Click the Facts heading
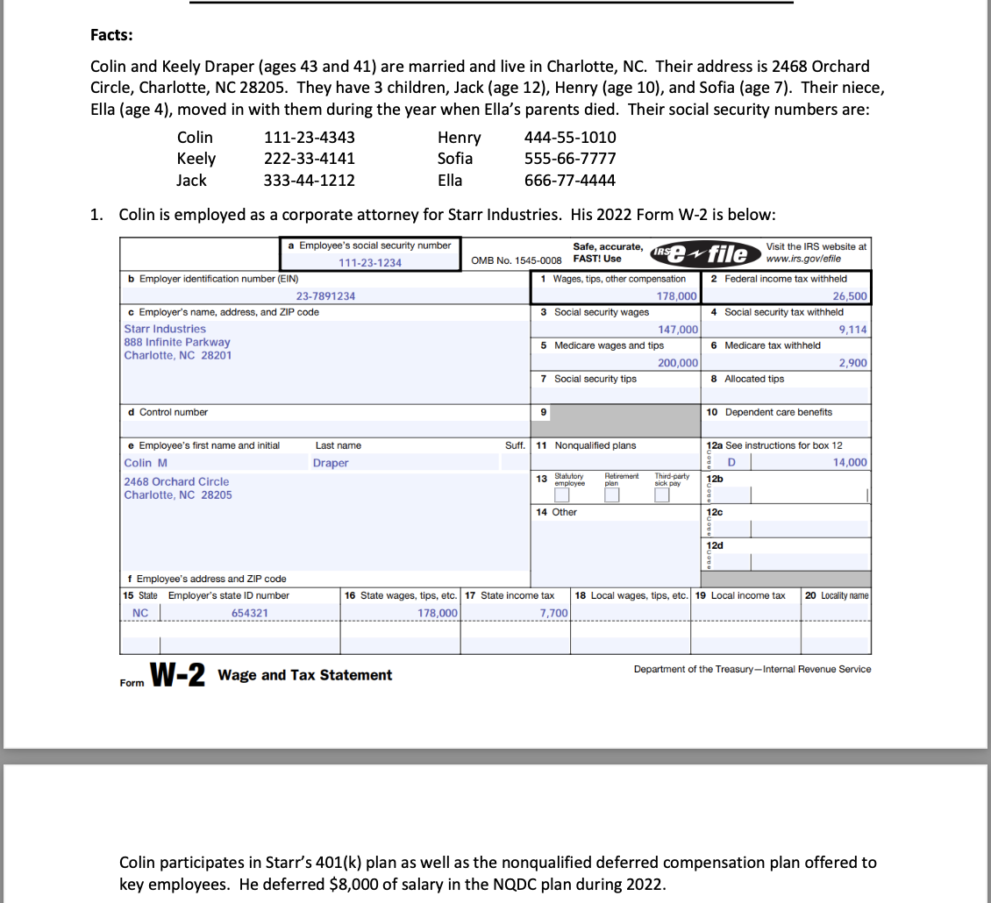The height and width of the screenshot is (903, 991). pos(112,35)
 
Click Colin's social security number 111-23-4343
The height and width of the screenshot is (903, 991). pos(309,138)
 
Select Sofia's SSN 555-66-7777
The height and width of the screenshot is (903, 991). pos(569,159)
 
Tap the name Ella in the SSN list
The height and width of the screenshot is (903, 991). pos(450,180)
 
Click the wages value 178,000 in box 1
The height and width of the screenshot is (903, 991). pos(677,296)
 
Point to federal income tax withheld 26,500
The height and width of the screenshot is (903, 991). pos(849,296)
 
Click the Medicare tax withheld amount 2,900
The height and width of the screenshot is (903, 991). pos(852,363)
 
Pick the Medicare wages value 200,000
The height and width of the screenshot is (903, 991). pos(677,363)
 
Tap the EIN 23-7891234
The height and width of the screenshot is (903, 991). pos(325,296)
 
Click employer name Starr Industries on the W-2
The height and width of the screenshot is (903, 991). pos(165,329)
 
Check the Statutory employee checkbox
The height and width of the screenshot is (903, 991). pos(562,495)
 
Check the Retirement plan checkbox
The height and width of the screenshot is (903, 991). pos(612,495)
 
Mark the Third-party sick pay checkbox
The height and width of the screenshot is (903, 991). pos(662,495)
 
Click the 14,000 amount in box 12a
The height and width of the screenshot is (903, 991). pos(849,463)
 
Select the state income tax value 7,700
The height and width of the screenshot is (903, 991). pos(553,613)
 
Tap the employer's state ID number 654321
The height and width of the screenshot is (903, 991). pos(250,613)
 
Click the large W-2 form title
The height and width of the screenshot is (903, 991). pos(178,675)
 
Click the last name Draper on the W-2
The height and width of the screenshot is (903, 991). pos(331,463)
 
